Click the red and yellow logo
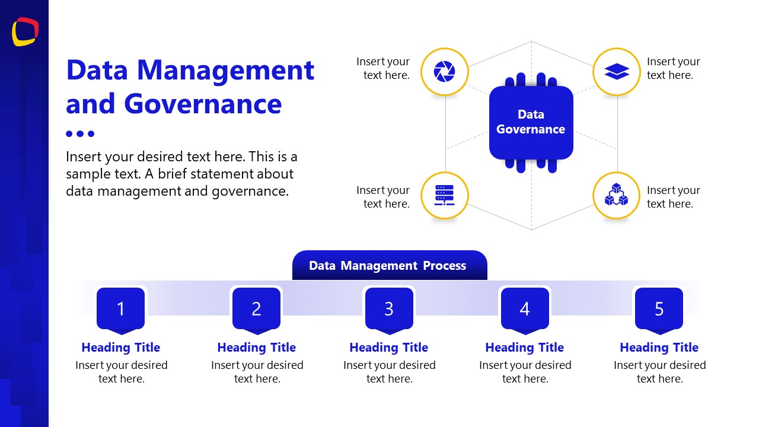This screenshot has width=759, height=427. coord(25,31)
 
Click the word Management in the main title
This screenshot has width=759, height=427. coord(225,70)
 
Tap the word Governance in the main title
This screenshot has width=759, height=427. coord(203,104)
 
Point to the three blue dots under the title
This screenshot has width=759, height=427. coord(80,134)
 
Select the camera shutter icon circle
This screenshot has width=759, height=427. coord(445,72)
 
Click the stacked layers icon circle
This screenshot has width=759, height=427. coord(617,72)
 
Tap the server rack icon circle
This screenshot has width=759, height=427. coord(445,196)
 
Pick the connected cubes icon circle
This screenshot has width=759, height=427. coord(617,196)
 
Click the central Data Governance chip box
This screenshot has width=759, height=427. coord(531,122)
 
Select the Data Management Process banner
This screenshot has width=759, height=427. coord(389,266)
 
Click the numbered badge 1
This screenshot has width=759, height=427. coord(121,309)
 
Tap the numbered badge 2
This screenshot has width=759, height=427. coord(256,309)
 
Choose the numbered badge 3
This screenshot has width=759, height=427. coord(389,309)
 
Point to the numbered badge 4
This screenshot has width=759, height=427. coord(525,309)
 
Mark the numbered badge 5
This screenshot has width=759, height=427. coord(659,309)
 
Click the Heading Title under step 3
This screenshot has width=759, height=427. coord(389,348)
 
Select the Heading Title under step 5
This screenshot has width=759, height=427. coord(659,348)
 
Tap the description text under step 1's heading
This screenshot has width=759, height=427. coord(122,372)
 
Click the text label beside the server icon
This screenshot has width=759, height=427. coord(383,197)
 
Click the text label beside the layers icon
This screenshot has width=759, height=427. coord(673,68)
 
